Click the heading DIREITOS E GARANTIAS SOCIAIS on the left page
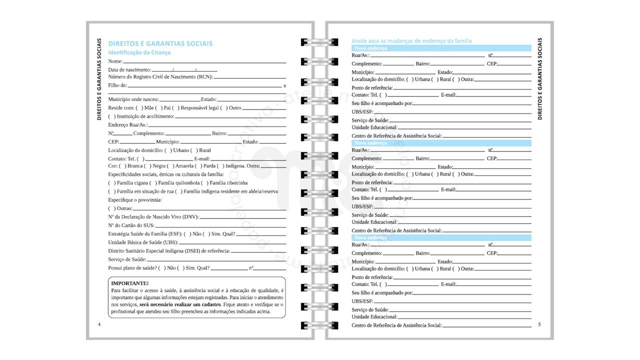point(160,43)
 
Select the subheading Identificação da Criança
point(139,52)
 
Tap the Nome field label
point(115,61)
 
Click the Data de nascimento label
point(129,69)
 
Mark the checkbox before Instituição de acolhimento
point(111,116)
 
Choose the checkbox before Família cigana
point(111,183)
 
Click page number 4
point(99,324)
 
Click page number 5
point(539,324)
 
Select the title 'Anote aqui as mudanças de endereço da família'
point(411,41)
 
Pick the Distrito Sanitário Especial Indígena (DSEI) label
point(169,251)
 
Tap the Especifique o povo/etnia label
point(135,200)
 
